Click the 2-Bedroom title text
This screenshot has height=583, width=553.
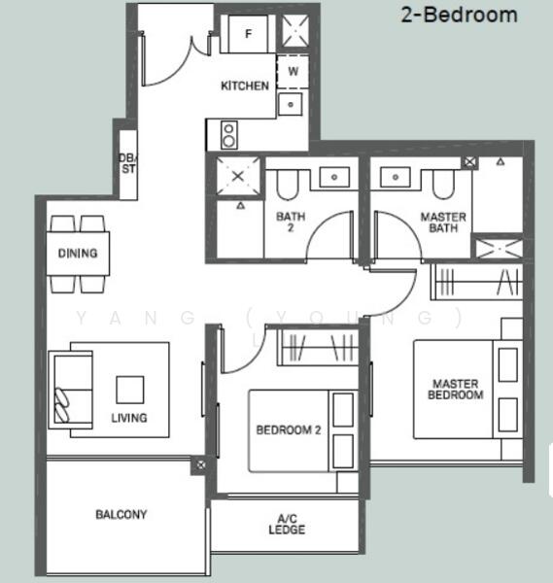[459, 16]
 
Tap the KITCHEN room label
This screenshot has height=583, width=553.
[245, 86]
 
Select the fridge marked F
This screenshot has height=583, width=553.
[249, 34]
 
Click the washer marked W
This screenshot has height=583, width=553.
[292, 72]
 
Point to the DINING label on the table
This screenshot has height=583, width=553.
[78, 255]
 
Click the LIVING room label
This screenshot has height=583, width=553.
[128, 418]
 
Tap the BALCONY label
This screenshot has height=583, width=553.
[121, 514]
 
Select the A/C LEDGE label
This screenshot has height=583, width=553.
[287, 524]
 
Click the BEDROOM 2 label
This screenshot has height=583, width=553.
[289, 430]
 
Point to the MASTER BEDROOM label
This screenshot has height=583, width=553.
[457, 390]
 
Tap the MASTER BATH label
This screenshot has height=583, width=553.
[442, 223]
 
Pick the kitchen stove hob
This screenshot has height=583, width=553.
[229, 133]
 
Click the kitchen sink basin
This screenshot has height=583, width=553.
[291, 103]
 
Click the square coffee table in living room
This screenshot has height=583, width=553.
[130, 390]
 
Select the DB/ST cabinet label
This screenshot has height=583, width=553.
[126, 163]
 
